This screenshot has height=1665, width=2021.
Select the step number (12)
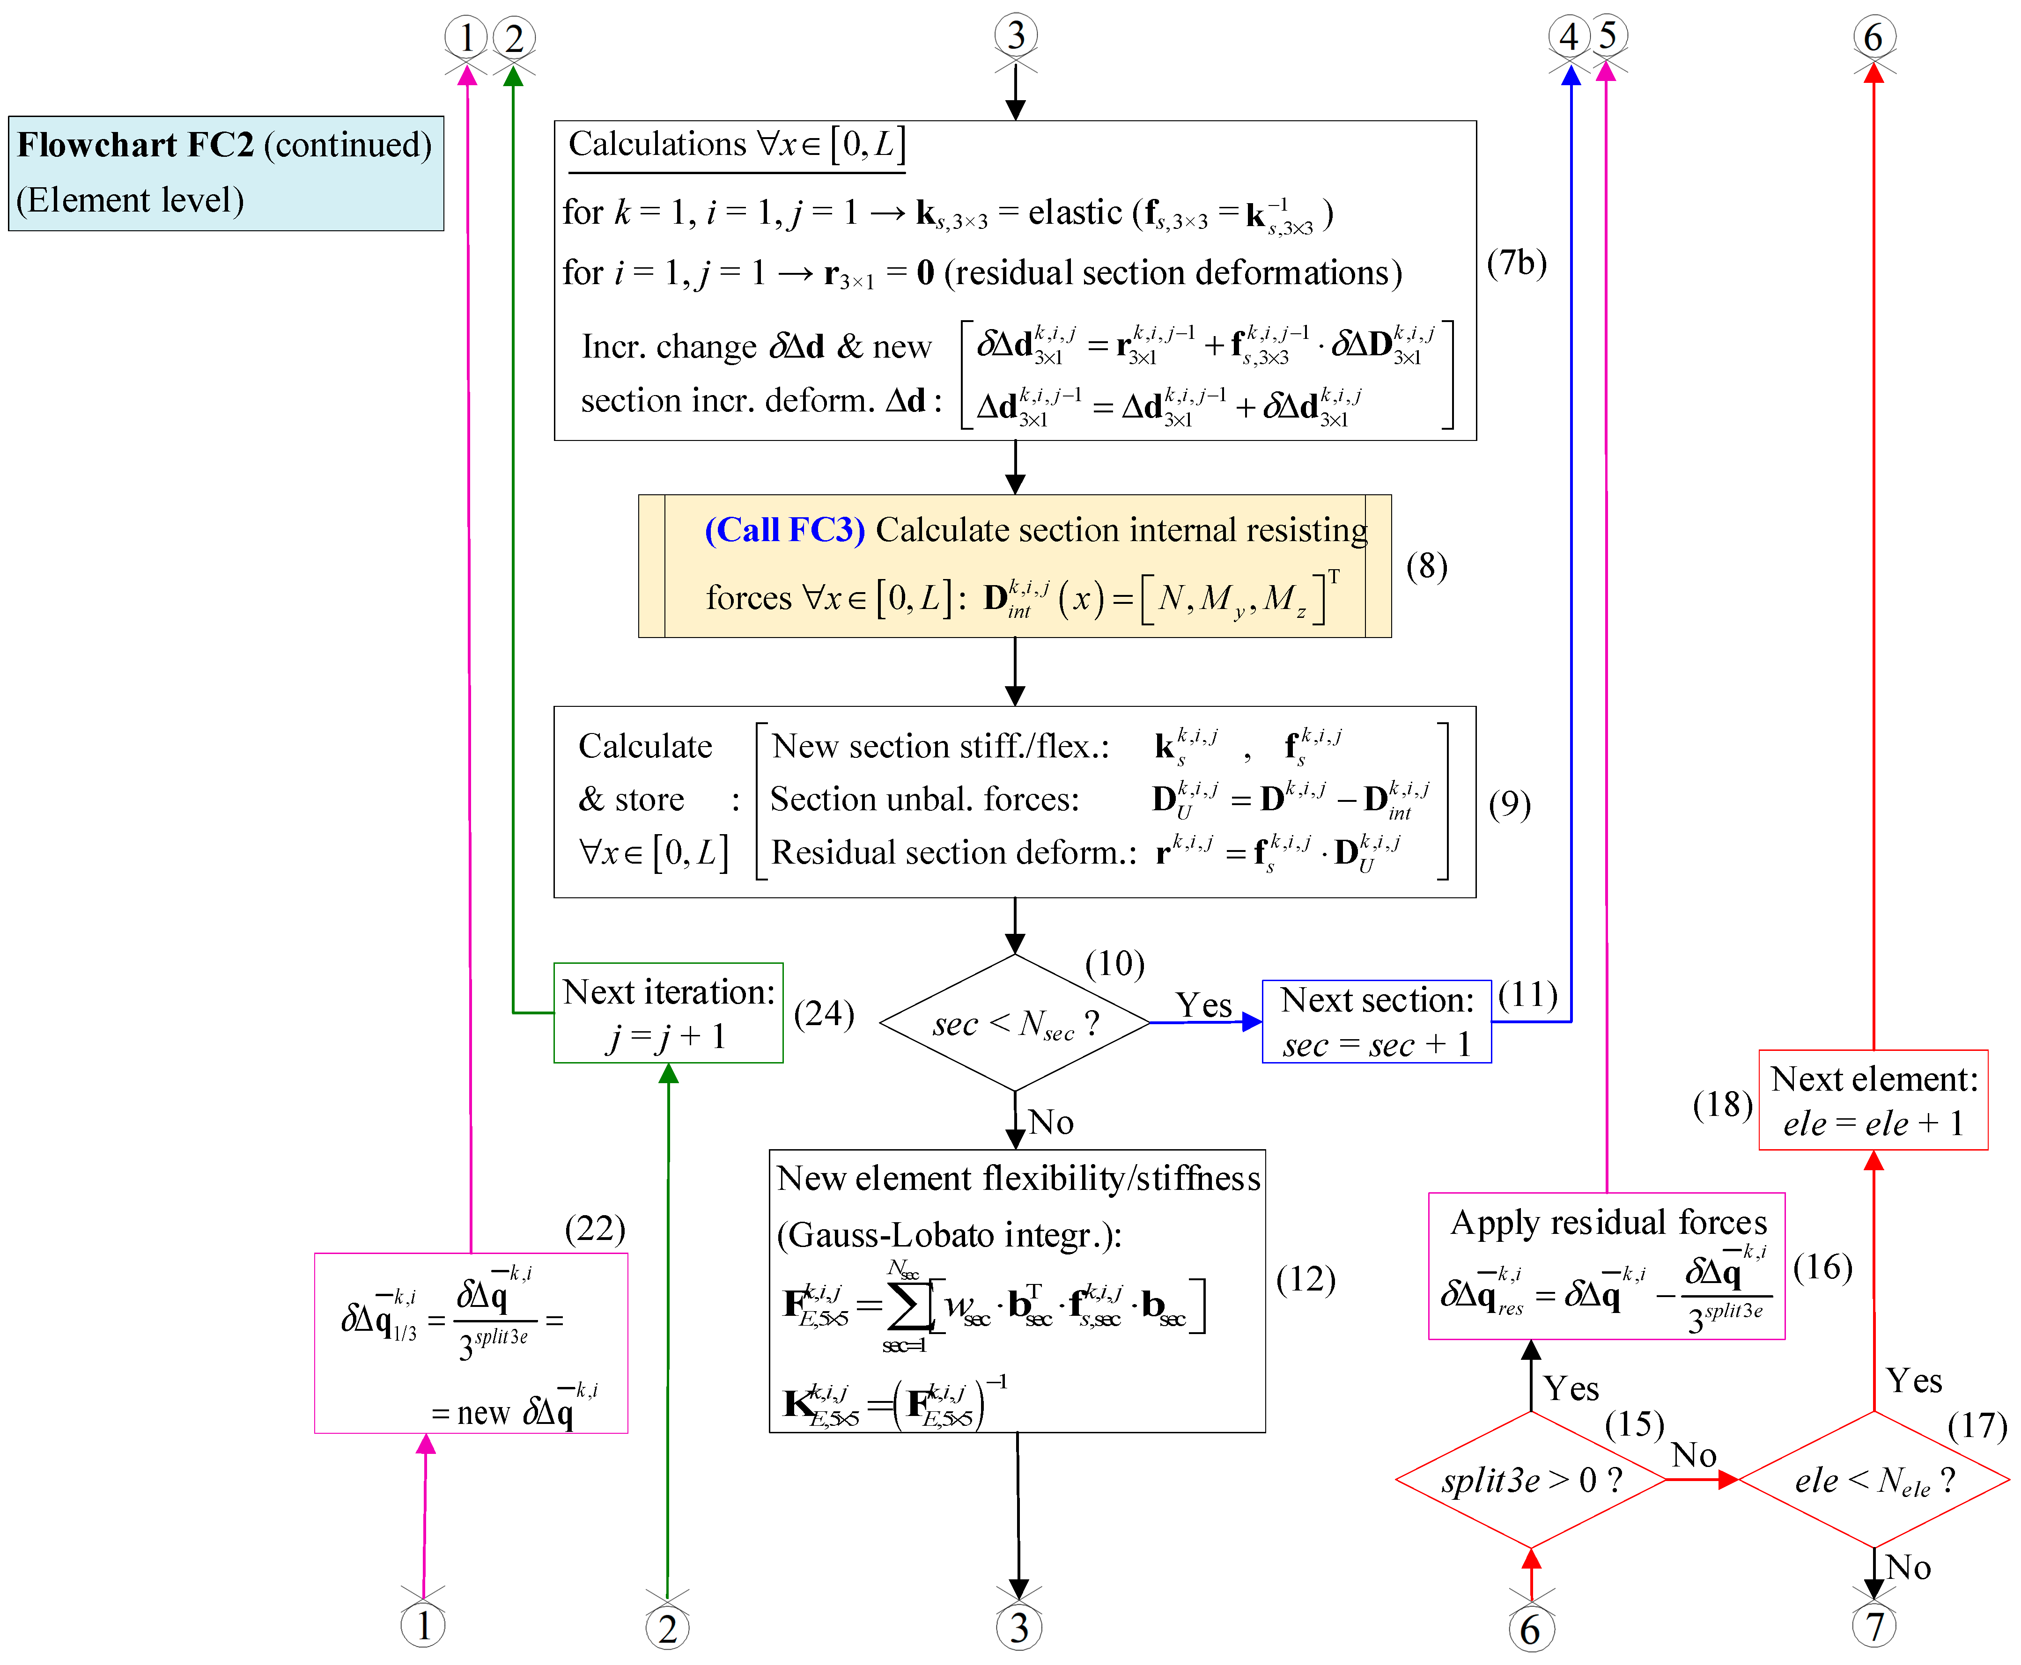[x=1306, y=1279]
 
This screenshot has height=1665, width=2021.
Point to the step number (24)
[x=824, y=1014]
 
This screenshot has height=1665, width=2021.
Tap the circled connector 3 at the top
[x=1016, y=37]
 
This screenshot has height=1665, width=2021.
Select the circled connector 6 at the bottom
[x=1531, y=1628]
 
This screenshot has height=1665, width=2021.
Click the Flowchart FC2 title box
[x=225, y=173]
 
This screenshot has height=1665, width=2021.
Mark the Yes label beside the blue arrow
[x=1204, y=1005]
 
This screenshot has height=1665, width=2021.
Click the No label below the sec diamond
[x=1051, y=1122]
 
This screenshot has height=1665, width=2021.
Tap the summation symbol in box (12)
[x=905, y=1305]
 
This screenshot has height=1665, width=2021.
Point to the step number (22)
[x=595, y=1229]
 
